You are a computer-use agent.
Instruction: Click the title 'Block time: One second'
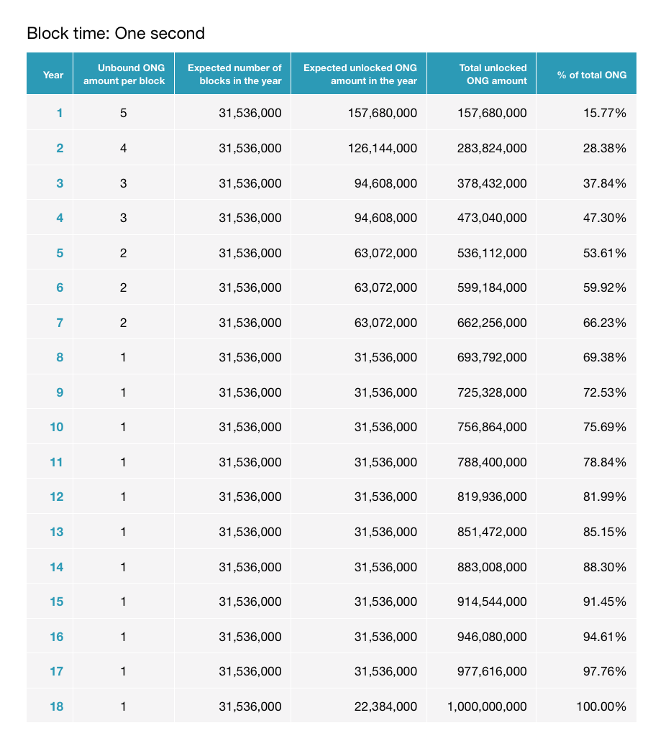(x=116, y=33)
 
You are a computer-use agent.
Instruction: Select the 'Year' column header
(x=53, y=75)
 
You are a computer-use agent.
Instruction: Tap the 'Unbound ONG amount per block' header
(x=124, y=74)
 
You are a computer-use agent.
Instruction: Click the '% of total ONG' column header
(x=592, y=75)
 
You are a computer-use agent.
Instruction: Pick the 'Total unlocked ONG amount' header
(x=493, y=74)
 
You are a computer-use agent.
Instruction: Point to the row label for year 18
(x=56, y=706)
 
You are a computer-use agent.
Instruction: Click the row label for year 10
(x=56, y=427)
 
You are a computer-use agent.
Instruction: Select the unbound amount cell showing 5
(x=124, y=113)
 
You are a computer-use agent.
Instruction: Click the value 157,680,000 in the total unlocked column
(x=492, y=113)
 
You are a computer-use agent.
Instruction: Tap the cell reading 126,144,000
(x=383, y=148)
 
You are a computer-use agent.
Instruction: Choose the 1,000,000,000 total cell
(x=487, y=706)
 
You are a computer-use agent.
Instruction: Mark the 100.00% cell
(x=601, y=706)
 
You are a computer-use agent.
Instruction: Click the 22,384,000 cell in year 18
(x=386, y=706)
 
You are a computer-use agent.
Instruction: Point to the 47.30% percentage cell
(x=604, y=218)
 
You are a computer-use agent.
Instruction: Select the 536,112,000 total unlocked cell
(x=492, y=253)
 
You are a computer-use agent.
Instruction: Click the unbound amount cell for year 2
(x=124, y=148)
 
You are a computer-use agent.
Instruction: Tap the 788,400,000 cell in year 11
(x=492, y=462)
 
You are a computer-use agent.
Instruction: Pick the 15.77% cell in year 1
(x=604, y=113)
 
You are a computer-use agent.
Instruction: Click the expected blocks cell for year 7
(x=250, y=323)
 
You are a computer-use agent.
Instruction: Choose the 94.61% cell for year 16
(x=604, y=637)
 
